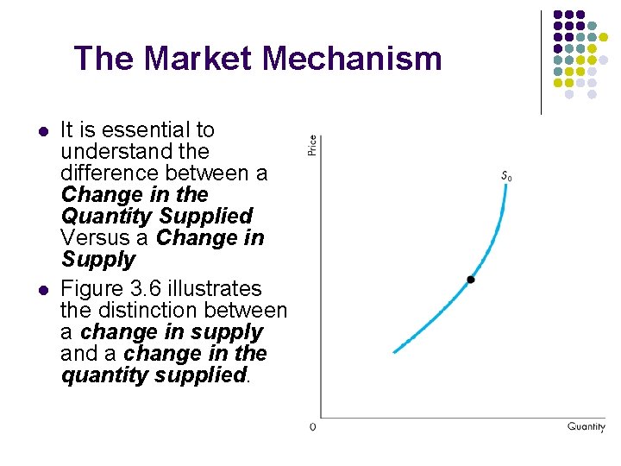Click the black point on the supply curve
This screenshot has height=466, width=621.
pyautogui.click(x=470, y=279)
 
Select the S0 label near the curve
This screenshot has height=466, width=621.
pyautogui.click(x=506, y=177)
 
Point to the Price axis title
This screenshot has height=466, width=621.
pyautogui.click(x=312, y=145)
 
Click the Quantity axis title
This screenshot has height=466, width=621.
pyautogui.click(x=586, y=426)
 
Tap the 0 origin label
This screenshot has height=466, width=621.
pyautogui.click(x=313, y=426)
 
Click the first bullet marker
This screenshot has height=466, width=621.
pyautogui.click(x=41, y=132)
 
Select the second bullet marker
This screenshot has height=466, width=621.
pyautogui.click(x=41, y=290)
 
